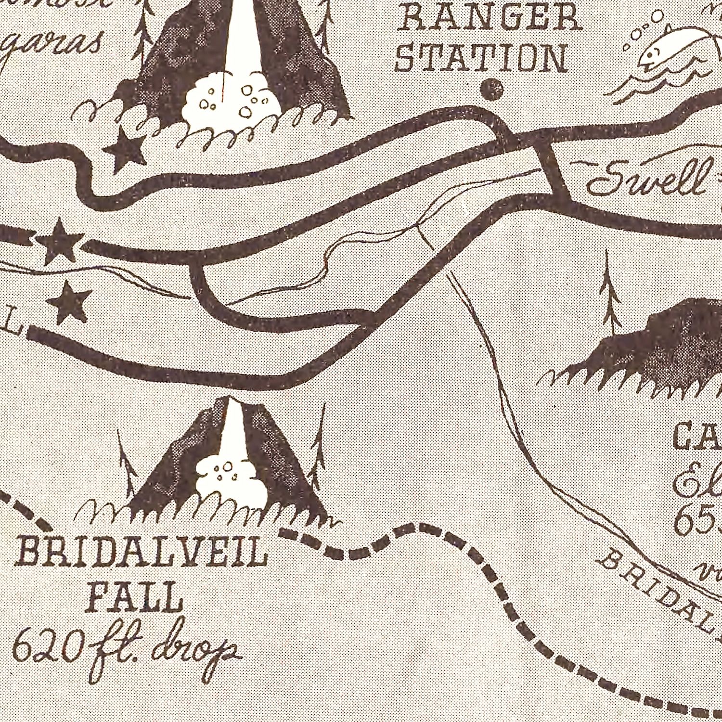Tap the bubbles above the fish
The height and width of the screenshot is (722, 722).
[640, 31]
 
